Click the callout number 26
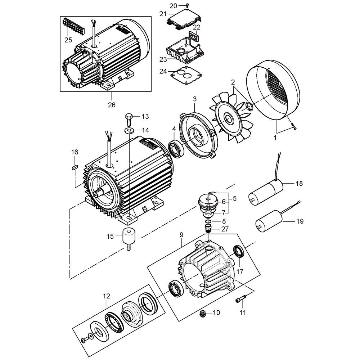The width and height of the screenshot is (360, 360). click(x=111, y=105)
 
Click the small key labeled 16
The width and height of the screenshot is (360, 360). click(x=75, y=167)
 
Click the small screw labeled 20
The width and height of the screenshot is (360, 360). click(x=187, y=5)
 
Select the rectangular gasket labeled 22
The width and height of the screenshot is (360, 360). click(x=194, y=37)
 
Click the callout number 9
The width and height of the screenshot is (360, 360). click(x=181, y=235)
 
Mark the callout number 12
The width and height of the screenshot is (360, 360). click(x=106, y=296)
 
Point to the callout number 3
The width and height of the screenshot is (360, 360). click(x=195, y=98)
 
